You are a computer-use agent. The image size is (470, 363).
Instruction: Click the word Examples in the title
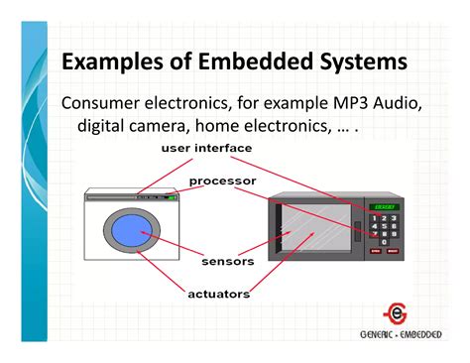pyautogui.click(x=109, y=61)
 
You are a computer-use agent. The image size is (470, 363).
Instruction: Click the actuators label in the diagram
pyautogui.click(x=219, y=294)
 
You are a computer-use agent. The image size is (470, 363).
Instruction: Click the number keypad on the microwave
pyautogui.click(x=382, y=231)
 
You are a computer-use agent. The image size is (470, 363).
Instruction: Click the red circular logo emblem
pyautogui.click(x=394, y=310)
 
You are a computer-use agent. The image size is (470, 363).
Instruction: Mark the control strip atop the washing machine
pyautogui.click(x=133, y=198)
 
